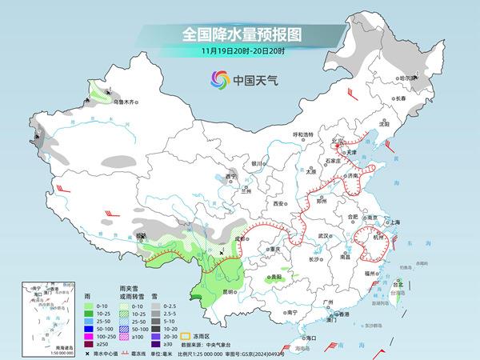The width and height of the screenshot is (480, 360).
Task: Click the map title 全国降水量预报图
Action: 239,35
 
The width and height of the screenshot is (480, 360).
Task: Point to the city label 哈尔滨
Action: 408,78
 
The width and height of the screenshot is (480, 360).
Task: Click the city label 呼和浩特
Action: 304,134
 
